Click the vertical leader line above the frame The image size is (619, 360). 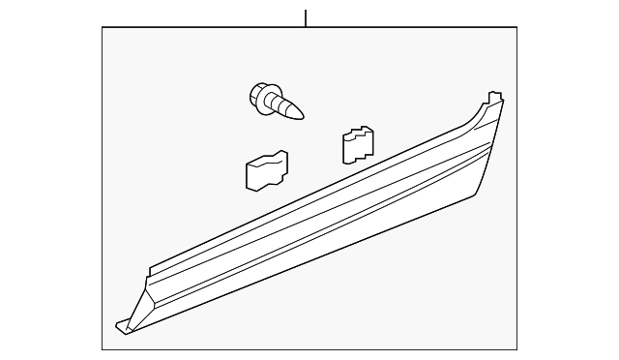(306, 17)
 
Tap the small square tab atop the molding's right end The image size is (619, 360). (494, 97)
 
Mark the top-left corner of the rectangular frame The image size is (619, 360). (103, 28)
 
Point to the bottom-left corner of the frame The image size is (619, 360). (103, 348)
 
